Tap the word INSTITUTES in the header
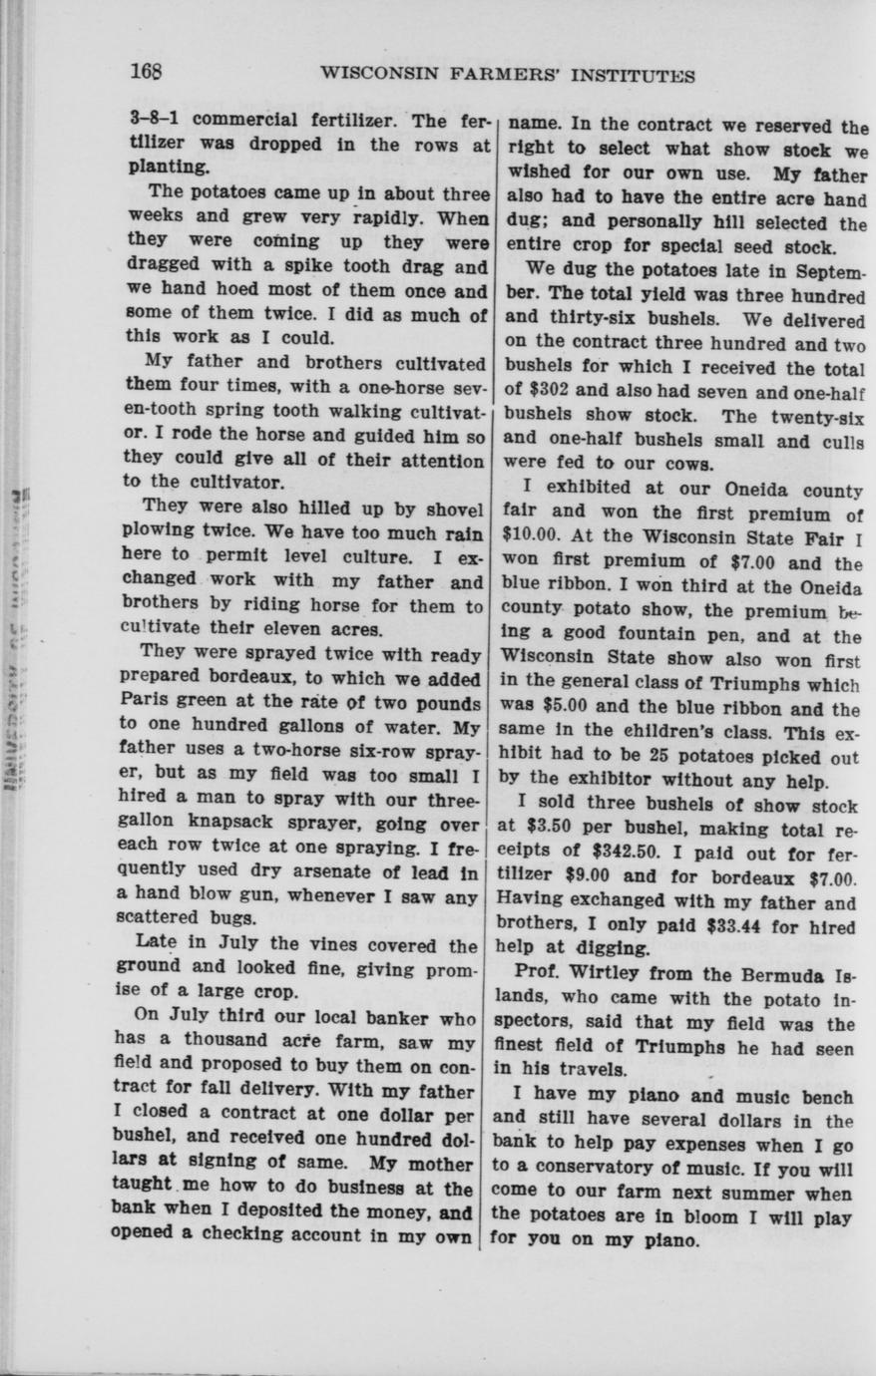(x=644, y=76)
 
